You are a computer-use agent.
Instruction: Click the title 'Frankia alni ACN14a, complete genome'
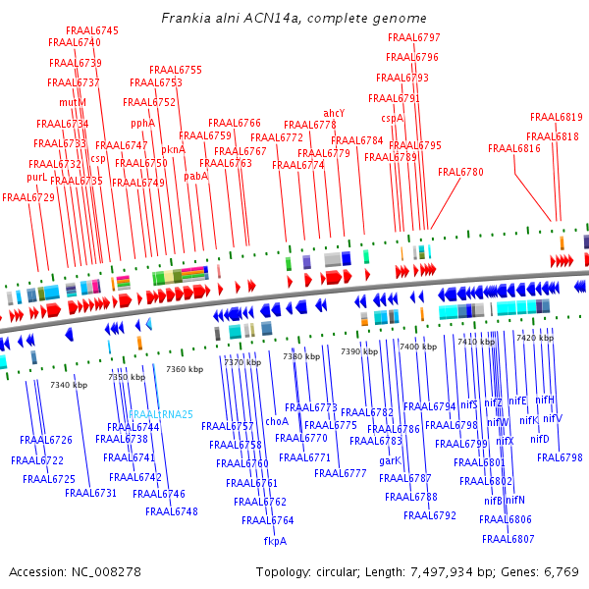[x=294, y=19]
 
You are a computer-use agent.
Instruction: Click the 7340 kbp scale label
[x=69, y=385]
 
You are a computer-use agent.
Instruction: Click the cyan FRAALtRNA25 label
[x=161, y=414]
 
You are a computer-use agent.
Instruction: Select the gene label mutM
[x=73, y=102]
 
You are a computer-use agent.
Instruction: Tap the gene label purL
[x=36, y=178]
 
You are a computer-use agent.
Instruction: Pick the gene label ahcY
[x=334, y=113]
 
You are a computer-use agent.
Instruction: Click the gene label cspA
[x=392, y=118]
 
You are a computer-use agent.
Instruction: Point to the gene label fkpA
[x=275, y=541]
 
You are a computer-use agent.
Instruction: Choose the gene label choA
[x=277, y=421]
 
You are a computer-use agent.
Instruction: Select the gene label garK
[x=390, y=460]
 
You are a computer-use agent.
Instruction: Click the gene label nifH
[x=544, y=400]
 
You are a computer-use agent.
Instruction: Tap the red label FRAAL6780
[x=460, y=172]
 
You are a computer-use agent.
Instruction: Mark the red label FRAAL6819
[x=557, y=117]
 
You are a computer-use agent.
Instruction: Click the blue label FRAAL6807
[x=508, y=539]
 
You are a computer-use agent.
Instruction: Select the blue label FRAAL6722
[x=37, y=460]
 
